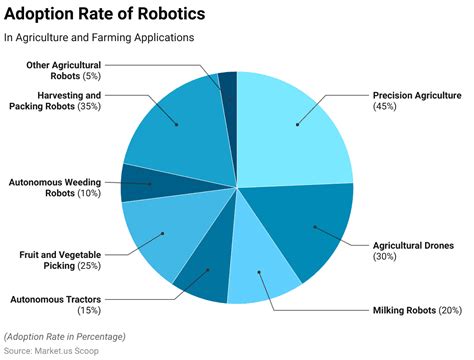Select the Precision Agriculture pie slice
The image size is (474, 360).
coord(296,125)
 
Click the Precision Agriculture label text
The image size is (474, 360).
coord(417,95)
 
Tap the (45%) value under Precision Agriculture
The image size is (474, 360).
coord(385,106)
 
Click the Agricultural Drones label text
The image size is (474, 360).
coord(413,245)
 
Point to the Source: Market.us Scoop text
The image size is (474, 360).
coord(53,351)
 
